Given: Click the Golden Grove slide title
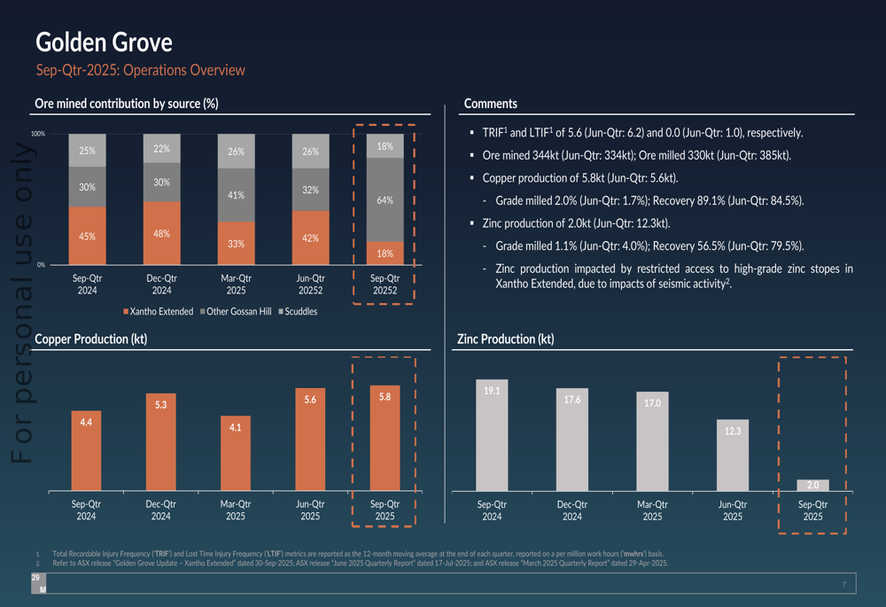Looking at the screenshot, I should click(104, 42).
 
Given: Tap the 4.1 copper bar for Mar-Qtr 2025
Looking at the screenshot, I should click(236, 455).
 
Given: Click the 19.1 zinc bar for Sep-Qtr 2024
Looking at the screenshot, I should click(492, 434).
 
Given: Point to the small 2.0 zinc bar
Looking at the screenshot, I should click(812, 485).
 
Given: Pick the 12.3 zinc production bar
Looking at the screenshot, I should click(732, 455).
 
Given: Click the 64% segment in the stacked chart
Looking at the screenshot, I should click(385, 199).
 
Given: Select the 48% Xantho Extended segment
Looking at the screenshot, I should click(161, 233).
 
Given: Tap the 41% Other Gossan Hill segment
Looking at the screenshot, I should click(236, 195).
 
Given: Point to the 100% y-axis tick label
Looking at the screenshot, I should click(38, 134).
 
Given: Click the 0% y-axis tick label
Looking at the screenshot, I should click(41, 264).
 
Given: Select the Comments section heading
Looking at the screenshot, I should click(490, 104).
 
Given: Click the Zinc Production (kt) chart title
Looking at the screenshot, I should click(505, 339).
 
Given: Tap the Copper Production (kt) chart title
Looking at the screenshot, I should click(90, 339).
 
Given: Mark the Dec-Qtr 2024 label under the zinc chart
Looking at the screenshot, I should click(572, 510).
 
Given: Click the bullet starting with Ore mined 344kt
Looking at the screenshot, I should click(636, 156).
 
